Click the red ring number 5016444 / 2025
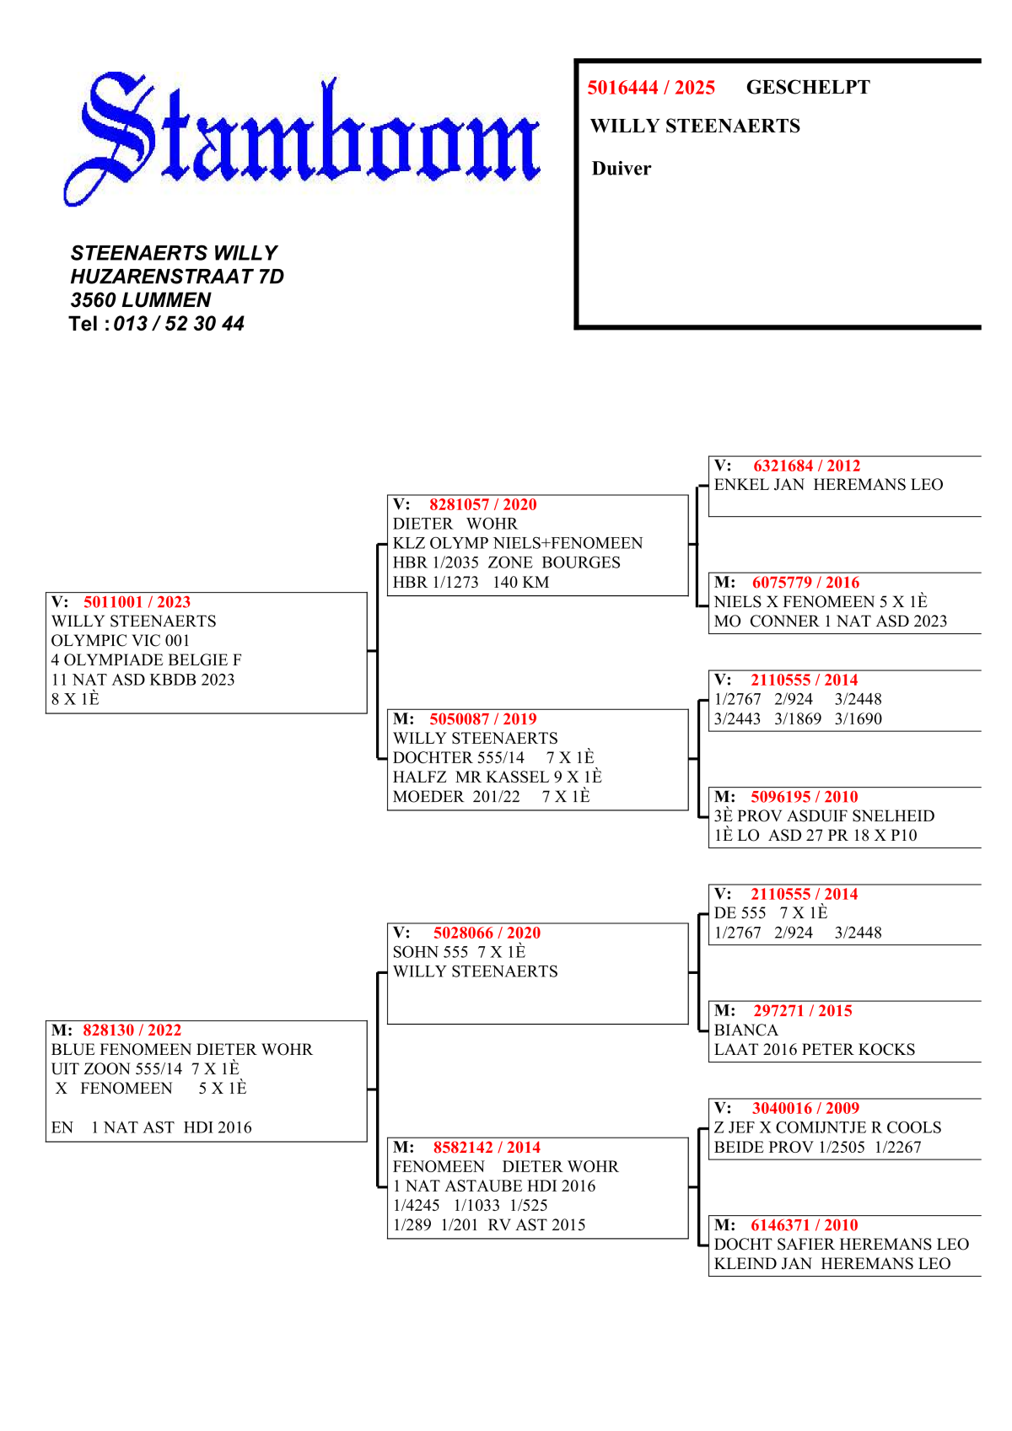[x=651, y=88]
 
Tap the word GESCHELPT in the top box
[x=807, y=87]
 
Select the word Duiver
[x=622, y=169]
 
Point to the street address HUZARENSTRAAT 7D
[x=177, y=277]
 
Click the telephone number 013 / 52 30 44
[x=179, y=324]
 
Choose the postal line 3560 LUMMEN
[x=141, y=300]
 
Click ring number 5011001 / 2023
[x=137, y=602]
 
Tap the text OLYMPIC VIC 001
[x=121, y=641]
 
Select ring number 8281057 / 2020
[x=482, y=505]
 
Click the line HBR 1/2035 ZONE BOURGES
[x=506, y=562]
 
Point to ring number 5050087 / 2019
[x=482, y=719]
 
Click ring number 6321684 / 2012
[x=806, y=466]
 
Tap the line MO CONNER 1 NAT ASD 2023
[x=830, y=621]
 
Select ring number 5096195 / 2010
[x=804, y=797]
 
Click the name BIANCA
[x=746, y=1030]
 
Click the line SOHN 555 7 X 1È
[x=459, y=952]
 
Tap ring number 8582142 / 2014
[x=487, y=1148]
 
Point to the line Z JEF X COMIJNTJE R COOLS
[x=827, y=1127]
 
